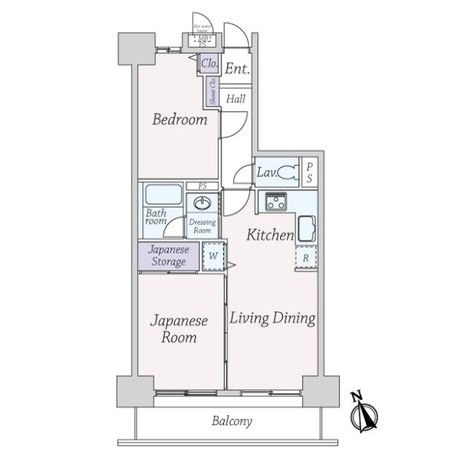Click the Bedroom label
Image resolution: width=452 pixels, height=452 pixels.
pyautogui.click(x=179, y=120)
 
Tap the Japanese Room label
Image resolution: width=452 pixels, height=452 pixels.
pyautogui.click(x=179, y=329)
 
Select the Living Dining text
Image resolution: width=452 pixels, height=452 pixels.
pyautogui.click(x=272, y=318)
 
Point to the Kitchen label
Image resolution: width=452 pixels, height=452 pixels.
pyautogui.click(x=270, y=235)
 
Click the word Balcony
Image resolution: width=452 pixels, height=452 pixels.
pyautogui.click(x=231, y=421)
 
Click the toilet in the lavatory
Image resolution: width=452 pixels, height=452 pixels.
pyautogui.click(x=287, y=173)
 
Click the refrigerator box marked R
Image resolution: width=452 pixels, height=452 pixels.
pyautogui.click(x=306, y=257)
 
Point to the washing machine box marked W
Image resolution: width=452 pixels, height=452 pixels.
pyautogui.click(x=213, y=256)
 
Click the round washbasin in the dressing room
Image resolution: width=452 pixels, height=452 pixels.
pyautogui.click(x=202, y=203)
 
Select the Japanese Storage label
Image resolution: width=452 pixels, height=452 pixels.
pyautogui.click(x=168, y=256)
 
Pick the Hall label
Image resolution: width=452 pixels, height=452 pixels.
pyautogui.click(x=236, y=98)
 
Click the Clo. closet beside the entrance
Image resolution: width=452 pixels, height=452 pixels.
pyautogui.click(x=209, y=65)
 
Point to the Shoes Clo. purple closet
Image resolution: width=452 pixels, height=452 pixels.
pyautogui.click(x=213, y=91)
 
